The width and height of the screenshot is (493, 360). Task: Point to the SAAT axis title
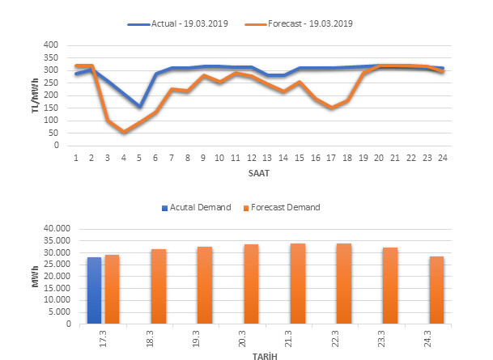[x=259, y=173]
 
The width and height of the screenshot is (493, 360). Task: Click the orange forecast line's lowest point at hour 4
[x=124, y=132]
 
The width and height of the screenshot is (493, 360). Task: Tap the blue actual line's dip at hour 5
[x=139, y=107]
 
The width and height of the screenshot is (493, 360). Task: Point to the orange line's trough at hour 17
[x=330, y=108]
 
